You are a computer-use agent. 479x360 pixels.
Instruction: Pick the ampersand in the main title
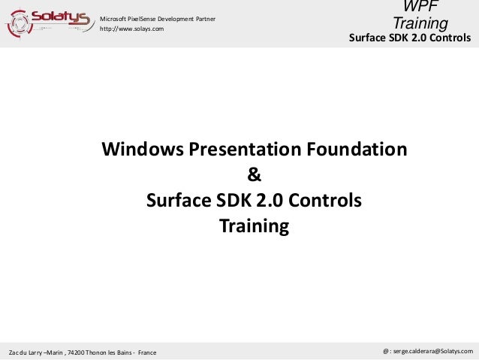(x=254, y=175)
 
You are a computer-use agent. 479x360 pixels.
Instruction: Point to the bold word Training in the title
(x=254, y=226)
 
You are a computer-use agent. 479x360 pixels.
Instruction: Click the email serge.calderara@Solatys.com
(x=432, y=351)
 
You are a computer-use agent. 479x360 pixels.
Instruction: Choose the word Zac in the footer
(x=13, y=352)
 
